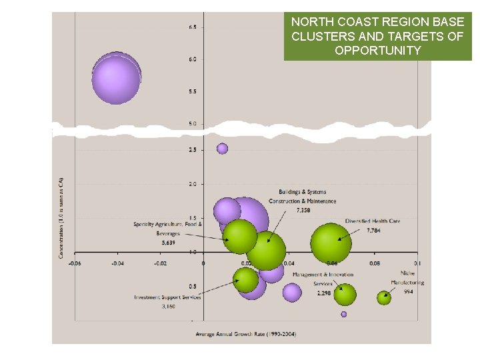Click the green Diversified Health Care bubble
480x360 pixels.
point(331,242)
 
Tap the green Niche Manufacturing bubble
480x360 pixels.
point(383,298)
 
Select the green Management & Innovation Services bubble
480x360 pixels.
point(345,294)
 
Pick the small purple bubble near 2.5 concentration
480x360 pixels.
point(223,149)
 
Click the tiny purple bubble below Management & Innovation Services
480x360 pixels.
point(344,314)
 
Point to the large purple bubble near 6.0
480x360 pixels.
point(116,79)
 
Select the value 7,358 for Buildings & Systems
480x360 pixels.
point(303,210)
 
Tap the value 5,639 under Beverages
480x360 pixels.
point(168,243)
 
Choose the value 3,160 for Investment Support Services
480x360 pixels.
point(168,307)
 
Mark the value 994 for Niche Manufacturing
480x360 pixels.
point(409,291)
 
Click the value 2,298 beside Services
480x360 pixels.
point(323,293)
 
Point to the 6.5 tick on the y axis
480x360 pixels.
point(192,27)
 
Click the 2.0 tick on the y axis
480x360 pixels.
point(192,184)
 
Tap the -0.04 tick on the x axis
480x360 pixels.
point(117,263)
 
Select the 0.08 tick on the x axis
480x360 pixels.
point(375,263)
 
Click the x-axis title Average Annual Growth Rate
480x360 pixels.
point(247,333)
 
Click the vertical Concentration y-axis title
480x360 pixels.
point(61,217)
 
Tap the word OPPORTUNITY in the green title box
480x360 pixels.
point(377,51)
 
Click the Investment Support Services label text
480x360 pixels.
point(167,297)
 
